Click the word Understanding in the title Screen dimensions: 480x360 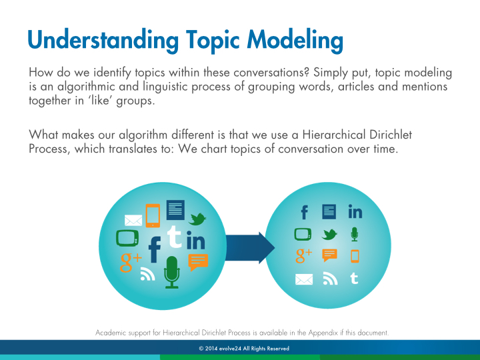103,39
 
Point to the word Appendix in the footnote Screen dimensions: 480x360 323,333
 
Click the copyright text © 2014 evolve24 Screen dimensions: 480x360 220,349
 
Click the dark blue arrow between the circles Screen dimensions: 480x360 250,247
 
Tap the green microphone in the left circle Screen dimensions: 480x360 172,272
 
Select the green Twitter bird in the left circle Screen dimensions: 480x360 197,219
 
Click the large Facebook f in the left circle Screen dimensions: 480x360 155,249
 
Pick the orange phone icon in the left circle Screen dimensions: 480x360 153,215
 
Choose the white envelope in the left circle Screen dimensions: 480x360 133,221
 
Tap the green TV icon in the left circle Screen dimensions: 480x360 127,238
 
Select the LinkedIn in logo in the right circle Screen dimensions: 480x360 355,211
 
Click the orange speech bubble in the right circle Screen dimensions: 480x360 330,255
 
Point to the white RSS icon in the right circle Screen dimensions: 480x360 330,279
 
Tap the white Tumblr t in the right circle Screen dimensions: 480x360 354,278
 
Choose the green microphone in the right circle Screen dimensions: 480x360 355,234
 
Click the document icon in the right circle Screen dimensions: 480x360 329,212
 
